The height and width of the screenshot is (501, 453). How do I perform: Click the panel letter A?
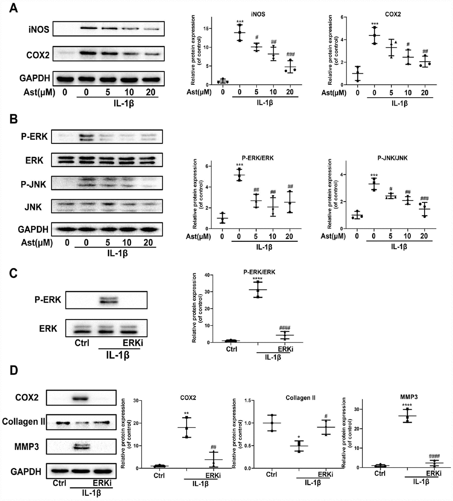point(13,8)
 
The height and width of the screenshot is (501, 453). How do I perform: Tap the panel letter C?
point(13,273)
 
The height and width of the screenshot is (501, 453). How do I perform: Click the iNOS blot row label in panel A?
point(39,29)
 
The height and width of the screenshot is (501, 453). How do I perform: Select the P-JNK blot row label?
point(33,184)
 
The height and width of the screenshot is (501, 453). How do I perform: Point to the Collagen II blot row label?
point(24,422)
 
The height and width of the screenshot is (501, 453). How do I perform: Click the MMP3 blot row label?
point(27,446)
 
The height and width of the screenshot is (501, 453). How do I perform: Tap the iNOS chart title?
point(258,14)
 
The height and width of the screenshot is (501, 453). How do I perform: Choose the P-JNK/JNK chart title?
point(392,158)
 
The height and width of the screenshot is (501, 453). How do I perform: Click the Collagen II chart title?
point(300,398)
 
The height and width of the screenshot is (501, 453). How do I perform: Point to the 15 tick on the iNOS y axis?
point(206,29)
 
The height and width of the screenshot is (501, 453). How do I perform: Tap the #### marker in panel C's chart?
point(285,328)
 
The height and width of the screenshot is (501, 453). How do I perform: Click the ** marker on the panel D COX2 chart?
point(187,414)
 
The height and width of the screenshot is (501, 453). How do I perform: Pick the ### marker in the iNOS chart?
point(290,54)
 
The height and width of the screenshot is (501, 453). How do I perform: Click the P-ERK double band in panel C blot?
point(109,300)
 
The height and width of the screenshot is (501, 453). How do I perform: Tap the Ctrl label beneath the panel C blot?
point(82,343)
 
